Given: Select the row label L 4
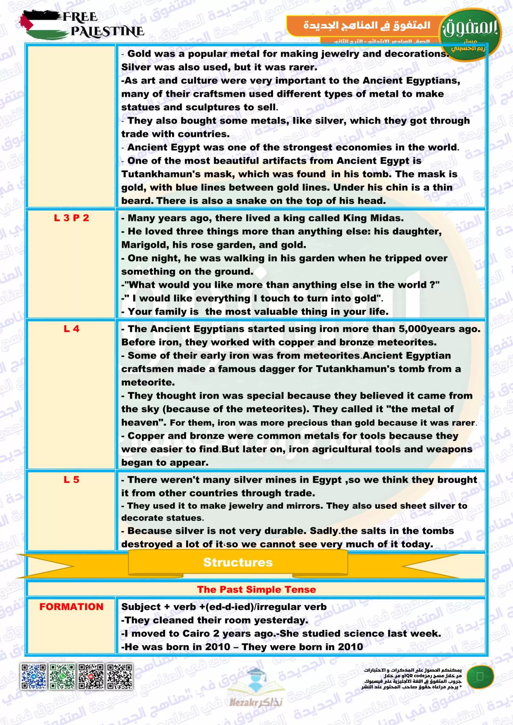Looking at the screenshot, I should pyautogui.click(x=71, y=329).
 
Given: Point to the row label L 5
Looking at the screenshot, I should pyautogui.click(x=71, y=480).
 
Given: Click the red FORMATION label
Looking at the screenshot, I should pyautogui.click(x=71, y=607).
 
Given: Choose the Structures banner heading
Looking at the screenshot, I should pyautogui.click(x=238, y=562).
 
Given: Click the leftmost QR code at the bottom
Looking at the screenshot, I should pyautogui.click(x=33, y=676).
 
